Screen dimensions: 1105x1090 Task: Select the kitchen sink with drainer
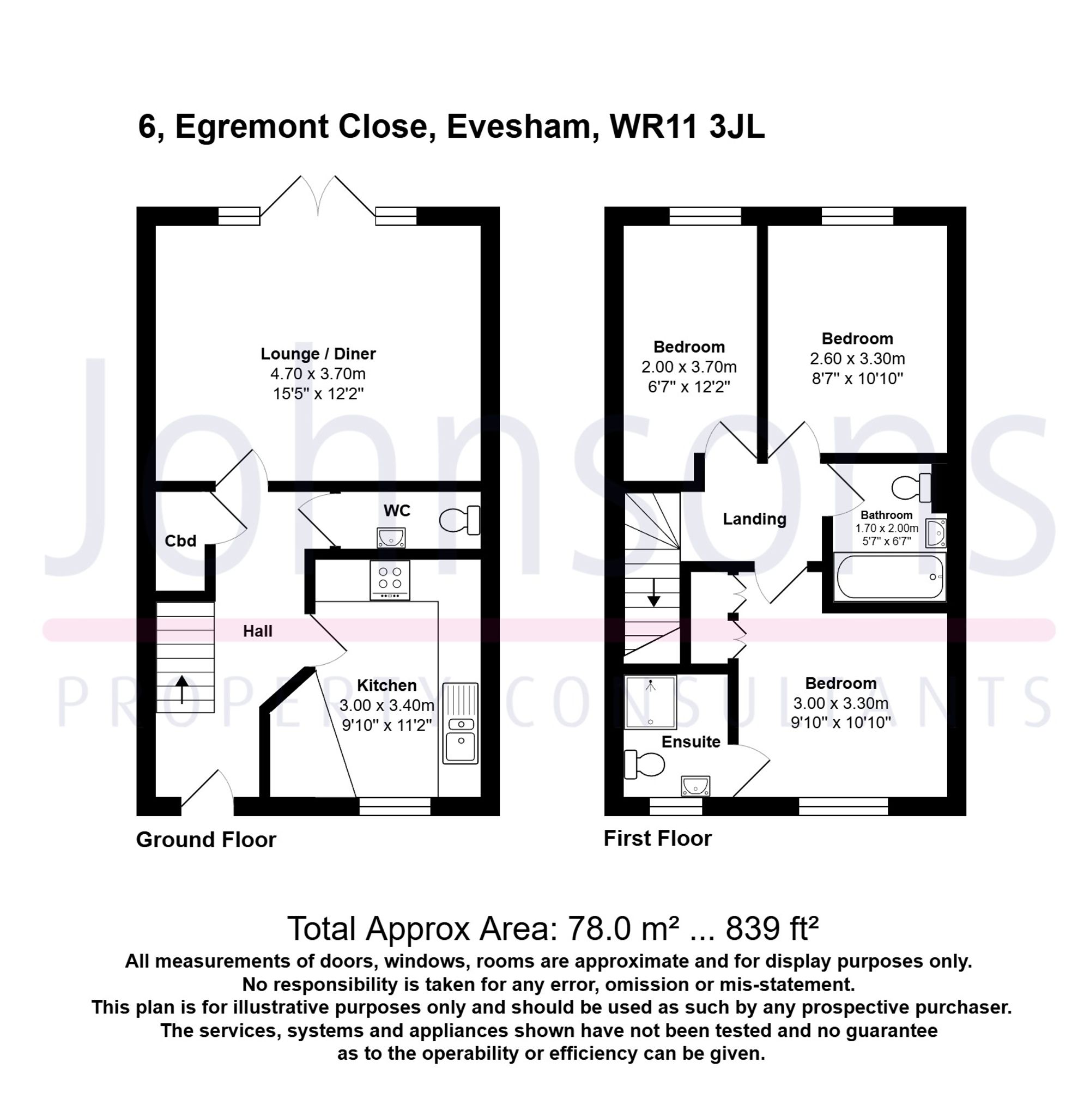click(459, 722)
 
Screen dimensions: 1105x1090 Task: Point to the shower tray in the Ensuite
click(650, 702)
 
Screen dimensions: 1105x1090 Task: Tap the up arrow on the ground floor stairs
click(181, 689)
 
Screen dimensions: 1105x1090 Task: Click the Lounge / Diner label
click(318, 354)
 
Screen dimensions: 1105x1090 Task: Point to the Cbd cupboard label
click(180, 541)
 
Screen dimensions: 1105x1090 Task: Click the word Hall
click(257, 631)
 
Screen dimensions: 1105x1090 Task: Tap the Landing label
click(754, 519)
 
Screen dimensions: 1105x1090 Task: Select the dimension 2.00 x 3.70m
click(688, 367)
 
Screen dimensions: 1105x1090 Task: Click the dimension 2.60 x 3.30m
click(857, 359)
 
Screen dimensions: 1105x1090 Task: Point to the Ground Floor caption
click(206, 840)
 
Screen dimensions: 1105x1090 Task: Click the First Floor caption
click(657, 839)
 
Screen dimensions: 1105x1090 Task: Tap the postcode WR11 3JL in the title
click(687, 126)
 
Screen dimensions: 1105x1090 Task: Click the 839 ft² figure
click(772, 928)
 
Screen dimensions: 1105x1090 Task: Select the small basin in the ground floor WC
click(391, 537)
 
